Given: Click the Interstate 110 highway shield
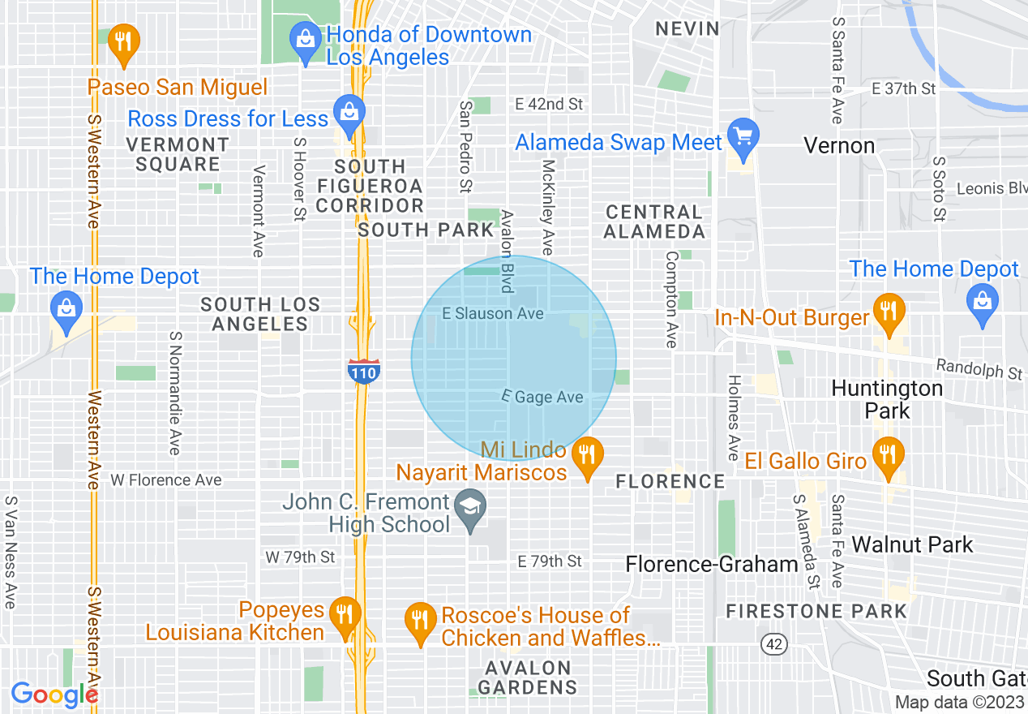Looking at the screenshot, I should (363, 372).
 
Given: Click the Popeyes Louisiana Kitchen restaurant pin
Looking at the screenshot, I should (346, 616).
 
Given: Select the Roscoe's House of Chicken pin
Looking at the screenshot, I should (419, 622).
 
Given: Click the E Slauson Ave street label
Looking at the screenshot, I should (492, 313).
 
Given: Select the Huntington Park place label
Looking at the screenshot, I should (887, 399).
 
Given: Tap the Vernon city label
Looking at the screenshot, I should (838, 146).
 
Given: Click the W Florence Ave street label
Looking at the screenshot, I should (166, 480).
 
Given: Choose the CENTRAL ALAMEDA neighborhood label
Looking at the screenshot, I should (655, 222).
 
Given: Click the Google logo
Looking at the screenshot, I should (54, 695).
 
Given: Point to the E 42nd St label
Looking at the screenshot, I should (549, 104).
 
